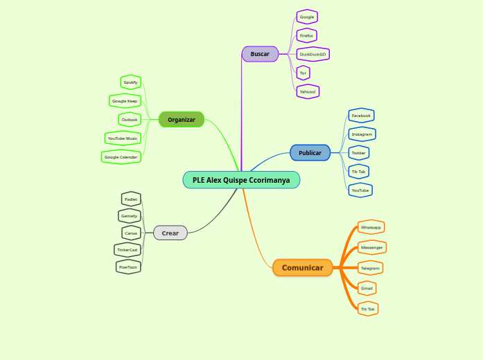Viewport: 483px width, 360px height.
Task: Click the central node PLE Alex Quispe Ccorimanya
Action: (x=241, y=180)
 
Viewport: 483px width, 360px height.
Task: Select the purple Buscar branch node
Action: (x=260, y=54)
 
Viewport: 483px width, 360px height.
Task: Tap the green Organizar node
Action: (x=182, y=120)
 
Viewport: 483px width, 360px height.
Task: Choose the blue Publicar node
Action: (x=310, y=153)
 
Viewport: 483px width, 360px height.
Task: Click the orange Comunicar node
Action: (x=303, y=268)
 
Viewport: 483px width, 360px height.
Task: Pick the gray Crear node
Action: (x=170, y=233)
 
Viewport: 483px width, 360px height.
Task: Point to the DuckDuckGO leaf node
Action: (x=313, y=54)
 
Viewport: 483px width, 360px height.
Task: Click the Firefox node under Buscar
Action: (x=306, y=35)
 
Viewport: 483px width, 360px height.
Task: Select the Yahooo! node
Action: (x=308, y=91)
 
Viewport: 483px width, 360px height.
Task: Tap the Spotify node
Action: (x=130, y=82)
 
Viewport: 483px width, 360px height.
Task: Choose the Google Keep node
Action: (x=125, y=101)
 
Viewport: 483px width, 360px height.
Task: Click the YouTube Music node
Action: (x=123, y=138)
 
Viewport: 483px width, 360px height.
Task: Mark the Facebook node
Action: (x=361, y=116)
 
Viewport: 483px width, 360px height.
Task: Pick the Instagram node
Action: (x=362, y=134)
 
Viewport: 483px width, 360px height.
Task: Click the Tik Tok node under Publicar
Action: (x=358, y=171)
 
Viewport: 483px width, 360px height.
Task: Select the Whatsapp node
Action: (x=371, y=227)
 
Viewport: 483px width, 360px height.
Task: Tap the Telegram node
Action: (x=370, y=268)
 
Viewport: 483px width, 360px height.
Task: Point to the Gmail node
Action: (x=367, y=288)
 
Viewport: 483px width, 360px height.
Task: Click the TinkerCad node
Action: (x=128, y=250)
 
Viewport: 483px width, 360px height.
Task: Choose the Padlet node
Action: (x=131, y=199)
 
